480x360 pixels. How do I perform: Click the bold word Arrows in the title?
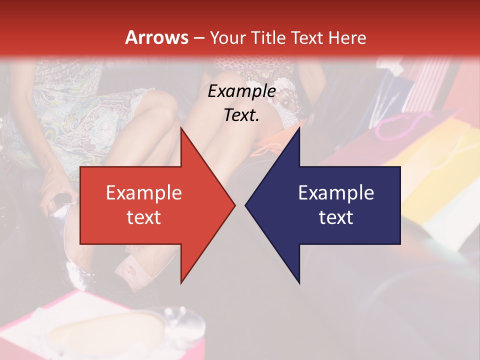tap(156, 37)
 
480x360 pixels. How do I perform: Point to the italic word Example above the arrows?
tap(241, 91)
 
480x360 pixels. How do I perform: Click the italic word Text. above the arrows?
tap(241, 115)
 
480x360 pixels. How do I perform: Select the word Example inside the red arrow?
tap(144, 193)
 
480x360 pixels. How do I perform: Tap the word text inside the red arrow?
tap(144, 217)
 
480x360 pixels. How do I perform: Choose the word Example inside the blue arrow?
tap(336, 193)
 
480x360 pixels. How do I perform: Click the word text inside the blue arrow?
tap(336, 217)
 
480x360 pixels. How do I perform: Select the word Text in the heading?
tap(311, 37)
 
